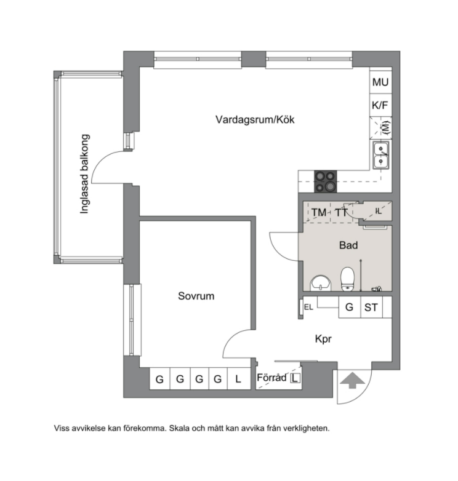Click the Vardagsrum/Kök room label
(x=255, y=119)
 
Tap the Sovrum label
(x=196, y=296)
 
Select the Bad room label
(x=348, y=245)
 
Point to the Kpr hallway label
(x=323, y=339)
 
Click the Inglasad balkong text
(x=84, y=174)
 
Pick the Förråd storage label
(x=271, y=377)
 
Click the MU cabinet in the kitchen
(x=380, y=82)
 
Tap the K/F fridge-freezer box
(x=380, y=105)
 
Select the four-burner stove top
(x=326, y=181)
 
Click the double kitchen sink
(x=381, y=155)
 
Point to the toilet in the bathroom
(x=347, y=279)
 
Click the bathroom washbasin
(x=321, y=283)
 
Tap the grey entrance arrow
(x=353, y=380)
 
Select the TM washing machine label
(x=319, y=212)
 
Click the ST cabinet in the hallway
(x=371, y=307)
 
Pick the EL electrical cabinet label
(x=308, y=307)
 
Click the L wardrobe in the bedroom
(x=239, y=379)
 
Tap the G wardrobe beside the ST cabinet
(x=350, y=307)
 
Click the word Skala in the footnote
(x=179, y=428)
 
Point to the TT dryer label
(x=341, y=212)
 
